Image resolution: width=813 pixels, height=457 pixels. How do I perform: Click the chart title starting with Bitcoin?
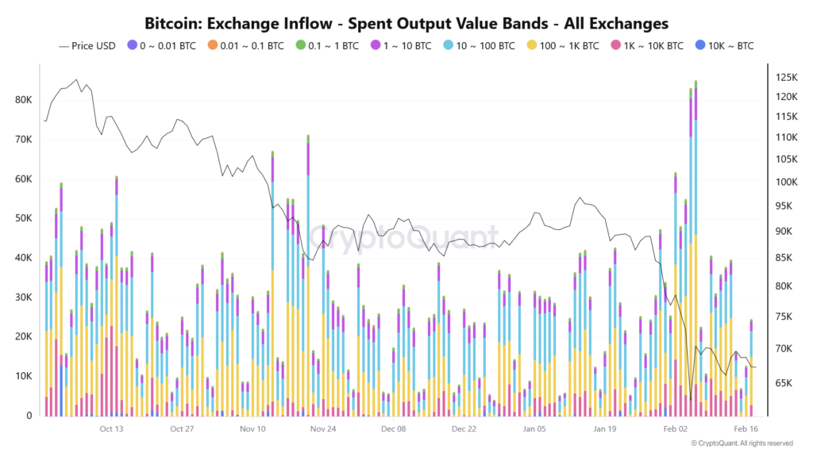(x=406, y=24)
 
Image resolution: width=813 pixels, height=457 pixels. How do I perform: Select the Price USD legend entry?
(x=87, y=46)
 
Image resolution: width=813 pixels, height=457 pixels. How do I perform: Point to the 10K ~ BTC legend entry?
(x=726, y=46)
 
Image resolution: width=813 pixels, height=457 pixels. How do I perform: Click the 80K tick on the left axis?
(x=25, y=101)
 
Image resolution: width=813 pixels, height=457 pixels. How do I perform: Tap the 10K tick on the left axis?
(x=25, y=376)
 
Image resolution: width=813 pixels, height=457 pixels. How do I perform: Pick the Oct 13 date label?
(x=112, y=429)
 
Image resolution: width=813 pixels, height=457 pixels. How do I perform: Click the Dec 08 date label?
(x=393, y=429)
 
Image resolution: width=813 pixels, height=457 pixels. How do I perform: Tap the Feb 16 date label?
(x=745, y=429)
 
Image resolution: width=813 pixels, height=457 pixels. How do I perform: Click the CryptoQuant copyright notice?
(x=742, y=444)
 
